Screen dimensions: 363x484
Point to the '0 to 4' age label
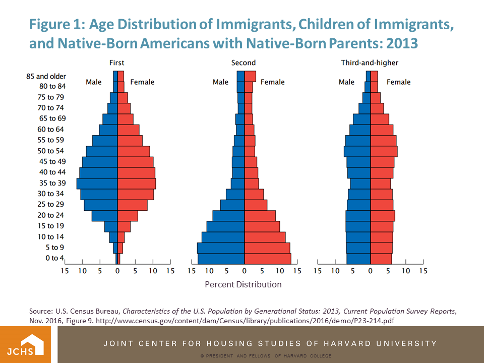tap(55, 258)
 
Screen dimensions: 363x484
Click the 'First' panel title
tap(117, 63)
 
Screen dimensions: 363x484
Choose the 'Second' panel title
tap(244, 63)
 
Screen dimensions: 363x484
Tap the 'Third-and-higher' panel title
tap(370, 63)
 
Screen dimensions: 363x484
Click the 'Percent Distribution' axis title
tap(243, 284)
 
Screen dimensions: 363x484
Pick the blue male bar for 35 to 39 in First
tap(97, 183)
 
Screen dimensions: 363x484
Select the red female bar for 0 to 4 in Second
tap(268, 258)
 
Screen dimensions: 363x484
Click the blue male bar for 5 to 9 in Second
tap(221, 248)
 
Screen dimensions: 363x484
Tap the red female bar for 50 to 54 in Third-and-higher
tap(384, 151)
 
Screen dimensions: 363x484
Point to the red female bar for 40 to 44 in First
tap(136, 172)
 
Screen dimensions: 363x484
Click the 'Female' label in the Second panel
tap(272, 82)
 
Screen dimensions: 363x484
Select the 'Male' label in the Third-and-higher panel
tap(346, 82)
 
